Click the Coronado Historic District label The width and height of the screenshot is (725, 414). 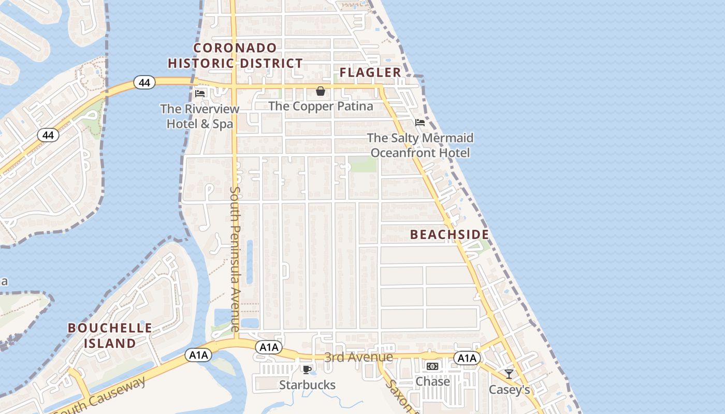(x=235, y=56)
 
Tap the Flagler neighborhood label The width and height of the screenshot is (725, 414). (x=370, y=72)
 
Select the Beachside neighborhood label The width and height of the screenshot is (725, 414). (x=450, y=234)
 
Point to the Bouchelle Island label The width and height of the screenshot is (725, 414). (x=110, y=335)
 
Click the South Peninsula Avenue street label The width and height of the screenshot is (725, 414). (x=235, y=259)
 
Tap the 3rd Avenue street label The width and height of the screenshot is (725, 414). (x=358, y=357)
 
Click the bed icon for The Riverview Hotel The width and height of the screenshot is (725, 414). (x=200, y=94)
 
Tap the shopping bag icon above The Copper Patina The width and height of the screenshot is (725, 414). (x=321, y=92)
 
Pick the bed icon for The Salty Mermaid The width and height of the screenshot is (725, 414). (x=420, y=123)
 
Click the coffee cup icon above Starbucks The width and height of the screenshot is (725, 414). (x=307, y=369)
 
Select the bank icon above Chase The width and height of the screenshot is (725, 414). (x=432, y=366)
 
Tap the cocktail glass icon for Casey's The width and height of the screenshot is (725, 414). (x=509, y=374)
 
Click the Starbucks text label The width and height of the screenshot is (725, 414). (x=307, y=385)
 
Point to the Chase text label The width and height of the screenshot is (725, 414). (x=433, y=381)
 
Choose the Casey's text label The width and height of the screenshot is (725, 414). (x=510, y=390)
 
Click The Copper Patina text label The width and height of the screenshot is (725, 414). (x=321, y=106)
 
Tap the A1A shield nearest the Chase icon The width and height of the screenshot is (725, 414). (x=467, y=358)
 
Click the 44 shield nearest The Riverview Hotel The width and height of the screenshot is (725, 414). (x=144, y=82)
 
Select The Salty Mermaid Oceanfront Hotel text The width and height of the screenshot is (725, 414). (x=420, y=145)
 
